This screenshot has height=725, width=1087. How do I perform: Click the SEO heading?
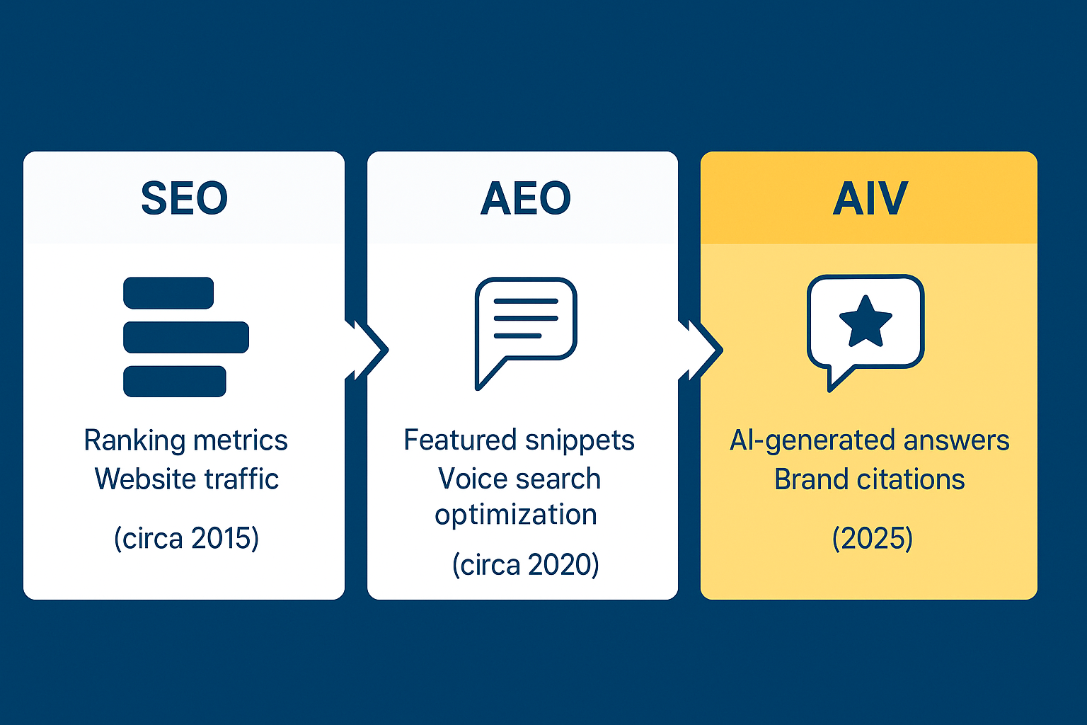click(x=185, y=198)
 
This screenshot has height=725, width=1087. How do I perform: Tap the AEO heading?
click(x=526, y=198)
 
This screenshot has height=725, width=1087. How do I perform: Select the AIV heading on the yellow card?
click(x=870, y=198)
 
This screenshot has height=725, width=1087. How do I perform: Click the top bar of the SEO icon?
click(x=168, y=293)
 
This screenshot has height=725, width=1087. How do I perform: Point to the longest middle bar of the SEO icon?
click(x=186, y=337)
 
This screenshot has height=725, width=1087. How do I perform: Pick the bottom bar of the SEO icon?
click(x=175, y=381)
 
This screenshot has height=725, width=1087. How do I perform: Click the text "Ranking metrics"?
click(x=186, y=440)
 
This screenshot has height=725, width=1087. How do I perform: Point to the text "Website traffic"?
click(x=187, y=479)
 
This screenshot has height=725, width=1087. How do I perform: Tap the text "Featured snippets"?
click(x=519, y=440)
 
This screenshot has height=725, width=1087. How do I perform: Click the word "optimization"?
click(x=516, y=515)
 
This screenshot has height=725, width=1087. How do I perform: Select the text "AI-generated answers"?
click(x=870, y=440)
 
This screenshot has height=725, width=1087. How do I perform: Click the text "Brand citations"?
click(x=870, y=479)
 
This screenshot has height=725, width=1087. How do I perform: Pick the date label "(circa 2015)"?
click(x=186, y=538)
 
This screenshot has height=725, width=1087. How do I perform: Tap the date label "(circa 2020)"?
click(x=526, y=564)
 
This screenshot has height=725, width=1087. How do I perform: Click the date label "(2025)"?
click(x=873, y=538)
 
